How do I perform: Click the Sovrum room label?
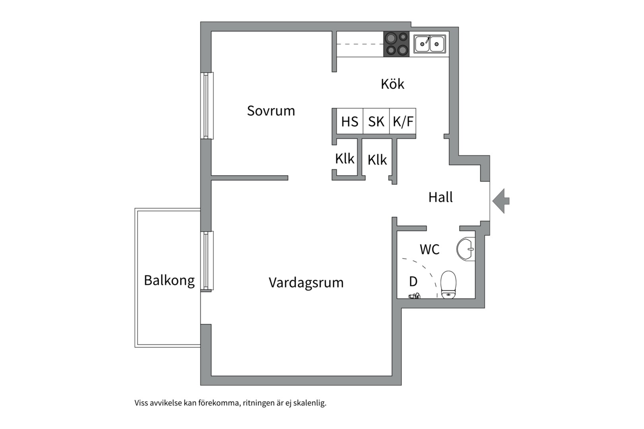click(x=271, y=111)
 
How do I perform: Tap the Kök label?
click(x=392, y=84)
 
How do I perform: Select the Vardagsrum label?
click(x=306, y=283)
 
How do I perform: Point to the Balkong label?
click(x=169, y=280)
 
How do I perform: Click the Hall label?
click(x=440, y=197)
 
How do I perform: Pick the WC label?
click(x=429, y=249)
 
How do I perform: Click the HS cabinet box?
click(x=349, y=121)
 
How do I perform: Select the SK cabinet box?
click(x=376, y=121)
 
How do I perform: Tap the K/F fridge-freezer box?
click(x=403, y=121)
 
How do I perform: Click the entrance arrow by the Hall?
click(x=501, y=201)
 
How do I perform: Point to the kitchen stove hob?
click(x=396, y=44)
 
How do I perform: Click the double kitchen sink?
click(x=430, y=44)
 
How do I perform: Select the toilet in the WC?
click(x=448, y=284)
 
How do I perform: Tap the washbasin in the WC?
click(x=466, y=249)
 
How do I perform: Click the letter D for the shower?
click(x=413, y=282)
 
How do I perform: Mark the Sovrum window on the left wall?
click(x=207, y=106)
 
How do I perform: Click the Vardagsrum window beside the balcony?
click(x=207, y=261)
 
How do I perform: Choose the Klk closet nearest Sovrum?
click(x=345, y=158)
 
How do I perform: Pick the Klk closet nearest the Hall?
click(x=377, y=160)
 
